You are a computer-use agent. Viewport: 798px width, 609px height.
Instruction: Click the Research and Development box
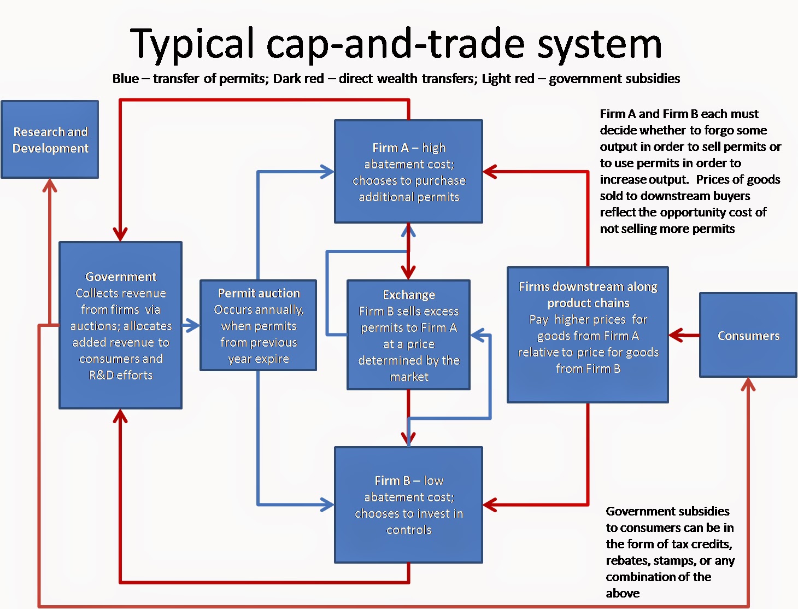click(x=50, y=139)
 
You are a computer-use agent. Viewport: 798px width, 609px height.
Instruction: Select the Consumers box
click(x=748, y=335)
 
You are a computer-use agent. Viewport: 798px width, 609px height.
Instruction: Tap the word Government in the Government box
click(x=121, y=277)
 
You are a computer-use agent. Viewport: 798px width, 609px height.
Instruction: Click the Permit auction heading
click(x=259, y=293)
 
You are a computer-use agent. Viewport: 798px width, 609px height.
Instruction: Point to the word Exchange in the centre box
click(x=409, y=295)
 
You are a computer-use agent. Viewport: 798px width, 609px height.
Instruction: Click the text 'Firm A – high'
click(x=409, y=148)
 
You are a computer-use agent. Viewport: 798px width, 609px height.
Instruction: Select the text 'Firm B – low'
click(x=409, y=481)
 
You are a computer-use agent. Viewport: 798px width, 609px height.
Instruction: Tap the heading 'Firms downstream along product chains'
click(x=588, y=295)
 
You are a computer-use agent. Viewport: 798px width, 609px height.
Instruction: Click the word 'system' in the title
click(x=599, y=44)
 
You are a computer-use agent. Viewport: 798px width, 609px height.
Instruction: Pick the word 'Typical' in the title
click(x=192, y=44)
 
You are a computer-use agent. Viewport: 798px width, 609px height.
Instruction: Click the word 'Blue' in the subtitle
click(x=125, y=79)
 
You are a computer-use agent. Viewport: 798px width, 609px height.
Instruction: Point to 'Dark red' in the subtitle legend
click(x=298, y=79)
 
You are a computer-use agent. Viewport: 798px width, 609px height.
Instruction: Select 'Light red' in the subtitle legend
click(x=508, y=79)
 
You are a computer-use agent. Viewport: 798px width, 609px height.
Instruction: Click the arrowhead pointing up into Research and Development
click(x=50, y=185)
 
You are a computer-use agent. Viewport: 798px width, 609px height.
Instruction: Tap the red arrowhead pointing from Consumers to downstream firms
click(x=676, y=335)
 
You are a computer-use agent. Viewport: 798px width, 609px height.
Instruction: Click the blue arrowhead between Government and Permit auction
click(x=192, y=325)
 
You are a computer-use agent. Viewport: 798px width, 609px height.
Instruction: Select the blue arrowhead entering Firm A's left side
click(x=327, y=172)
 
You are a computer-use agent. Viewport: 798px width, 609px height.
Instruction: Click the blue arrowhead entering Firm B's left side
click(x=327, y=504)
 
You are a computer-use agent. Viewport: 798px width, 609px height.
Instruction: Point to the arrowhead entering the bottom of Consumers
click(x=748, y=384)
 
